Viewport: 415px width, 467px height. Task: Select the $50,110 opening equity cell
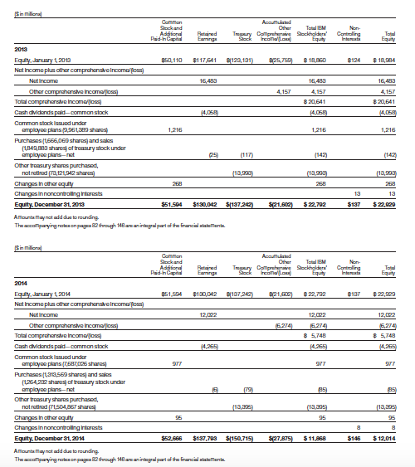(170, 61)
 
